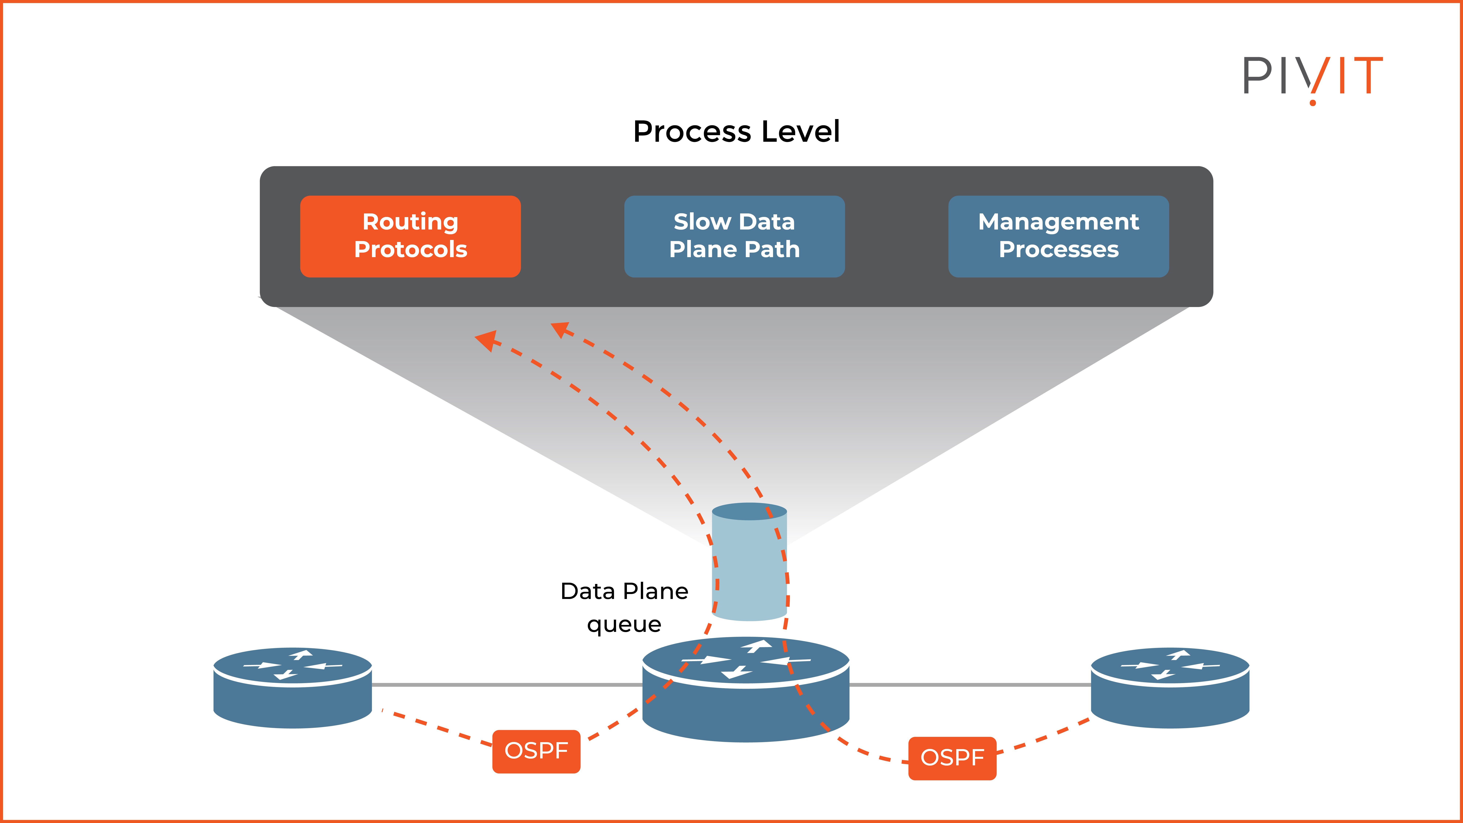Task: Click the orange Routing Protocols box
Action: click(x=410, y=236)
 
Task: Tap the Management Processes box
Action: click(x=1058, y=236)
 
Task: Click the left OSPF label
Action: click(x=536, y=751)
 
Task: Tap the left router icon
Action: click(x=292, y=687)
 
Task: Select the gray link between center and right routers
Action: click(x=970, y=685)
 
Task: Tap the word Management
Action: click(x=1058, y=221)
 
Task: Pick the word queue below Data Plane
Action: click(x=624, y=624)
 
